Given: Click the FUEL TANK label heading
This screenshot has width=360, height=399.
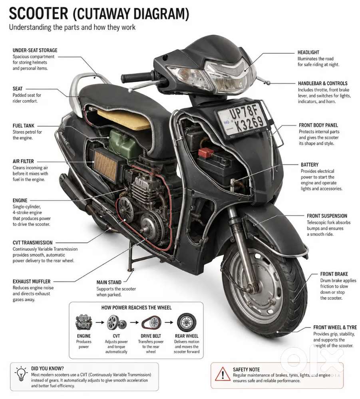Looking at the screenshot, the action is [24, 126].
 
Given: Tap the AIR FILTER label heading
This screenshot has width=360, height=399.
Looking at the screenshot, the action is [23, 161].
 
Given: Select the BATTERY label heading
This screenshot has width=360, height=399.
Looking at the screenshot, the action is [310, 165].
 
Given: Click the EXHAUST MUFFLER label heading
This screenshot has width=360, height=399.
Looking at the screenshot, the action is [32, 282].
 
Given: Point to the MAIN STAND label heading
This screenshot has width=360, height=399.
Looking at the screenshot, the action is [109, 282].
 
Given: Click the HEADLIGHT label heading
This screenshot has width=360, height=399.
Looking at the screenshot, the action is [308, 52].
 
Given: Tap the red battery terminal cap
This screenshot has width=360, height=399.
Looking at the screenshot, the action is [206, 153].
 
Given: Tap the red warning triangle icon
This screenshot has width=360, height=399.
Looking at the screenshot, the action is [223, 374].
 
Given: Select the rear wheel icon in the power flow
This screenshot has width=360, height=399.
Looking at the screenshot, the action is [187, 322].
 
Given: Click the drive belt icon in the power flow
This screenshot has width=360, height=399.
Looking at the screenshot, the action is [151, 323].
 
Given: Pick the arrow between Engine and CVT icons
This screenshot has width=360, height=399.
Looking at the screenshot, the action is [100, 322].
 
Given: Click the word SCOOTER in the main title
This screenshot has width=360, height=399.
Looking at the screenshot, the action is [38, 14].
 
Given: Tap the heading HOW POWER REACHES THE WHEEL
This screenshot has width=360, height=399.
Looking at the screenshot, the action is [137, 308].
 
